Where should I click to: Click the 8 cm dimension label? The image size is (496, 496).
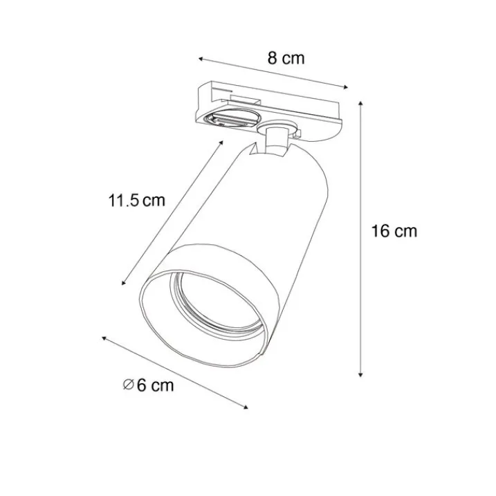pyautogui.click(x=286, y=58)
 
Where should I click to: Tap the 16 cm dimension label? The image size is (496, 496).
pyautogui.click(x=394, y=231)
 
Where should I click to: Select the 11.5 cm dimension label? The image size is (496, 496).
pyautogui.click(x=137, y=200)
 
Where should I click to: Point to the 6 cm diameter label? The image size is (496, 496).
pyautogui.click(x=148, y=385)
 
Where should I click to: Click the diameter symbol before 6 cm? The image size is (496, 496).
pyautogui.click(x=128, y=385)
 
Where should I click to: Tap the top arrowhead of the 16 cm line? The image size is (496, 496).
pyautogui.click(x=360, y=103)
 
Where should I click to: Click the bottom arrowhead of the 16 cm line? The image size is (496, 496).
pyautogui.click(x=360, y=375)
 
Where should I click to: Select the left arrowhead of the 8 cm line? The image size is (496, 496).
pyautogui.click(x=201, y=59)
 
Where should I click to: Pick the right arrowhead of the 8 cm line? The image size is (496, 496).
pyautogui.click(x=345, y=87)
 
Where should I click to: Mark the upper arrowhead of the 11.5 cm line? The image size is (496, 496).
pyautogui.click(x=221, y=143)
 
